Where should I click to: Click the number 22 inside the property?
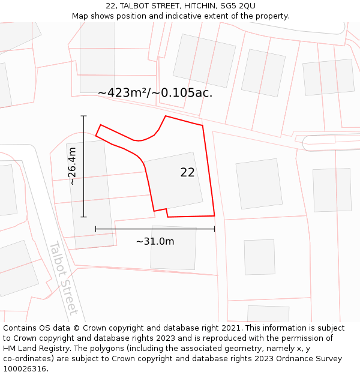tap(187, 172)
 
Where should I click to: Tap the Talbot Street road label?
tap(63, 278)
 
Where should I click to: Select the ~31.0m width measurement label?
tap(155, 241)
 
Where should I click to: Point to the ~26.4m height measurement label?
tap(71, 166)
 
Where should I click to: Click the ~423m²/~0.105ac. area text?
tap(155, 93)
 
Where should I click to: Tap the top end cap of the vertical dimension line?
tap(83, 116)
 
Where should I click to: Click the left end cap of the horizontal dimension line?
tap(95, 229)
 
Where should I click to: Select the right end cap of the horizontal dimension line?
tap(214, 229)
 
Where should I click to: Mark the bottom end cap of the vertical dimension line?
tap(83, 217)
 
